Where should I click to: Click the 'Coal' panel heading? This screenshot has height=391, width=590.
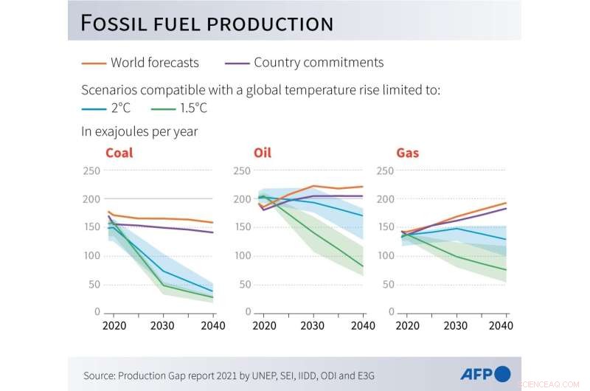(119, 153)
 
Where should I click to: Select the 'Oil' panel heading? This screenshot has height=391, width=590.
(263, 153)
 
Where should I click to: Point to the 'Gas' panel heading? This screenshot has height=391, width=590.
(408, 153)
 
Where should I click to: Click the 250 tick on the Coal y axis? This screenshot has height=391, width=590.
(91, 171)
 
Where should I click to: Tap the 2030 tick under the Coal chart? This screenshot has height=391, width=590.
(162, 325)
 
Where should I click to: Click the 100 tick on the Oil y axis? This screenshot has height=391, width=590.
(242, 256)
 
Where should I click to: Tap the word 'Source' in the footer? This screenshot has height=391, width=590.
(99, 375)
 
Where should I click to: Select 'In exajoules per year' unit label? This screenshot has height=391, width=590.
(139, 132)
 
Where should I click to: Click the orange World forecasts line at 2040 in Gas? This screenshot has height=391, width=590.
(505, 203)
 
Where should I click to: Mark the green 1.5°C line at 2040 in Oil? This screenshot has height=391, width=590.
(362, 266)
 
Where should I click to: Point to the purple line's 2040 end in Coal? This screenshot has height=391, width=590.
(213, 232)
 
